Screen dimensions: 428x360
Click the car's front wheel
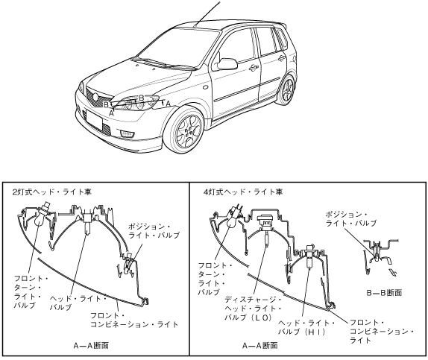point(186,130)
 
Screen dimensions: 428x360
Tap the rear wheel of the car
point(286,89)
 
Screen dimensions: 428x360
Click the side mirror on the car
point(227,64)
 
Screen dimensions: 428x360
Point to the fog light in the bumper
point(126,133)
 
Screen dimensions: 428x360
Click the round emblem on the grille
point(95,97)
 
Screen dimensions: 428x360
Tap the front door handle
point(254,68)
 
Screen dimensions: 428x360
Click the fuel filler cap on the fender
point(205,87)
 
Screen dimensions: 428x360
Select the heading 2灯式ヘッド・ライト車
point(52,192)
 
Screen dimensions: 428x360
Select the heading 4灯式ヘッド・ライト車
point(243,192)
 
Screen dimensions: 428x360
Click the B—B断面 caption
point(384,293)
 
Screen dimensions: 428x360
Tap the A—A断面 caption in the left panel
point(91,346)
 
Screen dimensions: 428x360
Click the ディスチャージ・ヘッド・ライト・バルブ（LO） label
point(253,309)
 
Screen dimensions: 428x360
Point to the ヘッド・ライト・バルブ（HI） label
point(306,327)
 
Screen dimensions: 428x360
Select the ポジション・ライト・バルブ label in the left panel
point(154,230)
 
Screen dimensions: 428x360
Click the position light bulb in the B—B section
point(376,255)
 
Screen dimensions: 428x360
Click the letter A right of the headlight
point(169,104)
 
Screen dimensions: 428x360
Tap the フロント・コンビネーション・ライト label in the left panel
point(134,320)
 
